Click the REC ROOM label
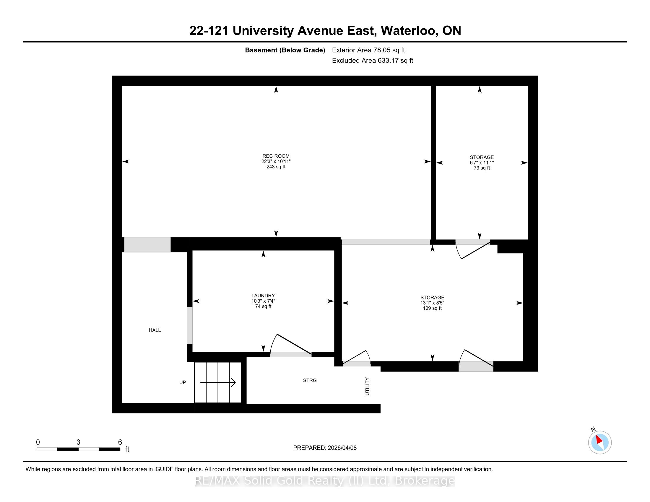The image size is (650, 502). click(x=276, y=156)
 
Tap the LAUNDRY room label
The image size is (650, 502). click(x=263, y=296)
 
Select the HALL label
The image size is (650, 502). click(x=155, y=330)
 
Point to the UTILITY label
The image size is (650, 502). click(x=367, y=386)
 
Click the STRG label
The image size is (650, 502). click(x=310, y=380)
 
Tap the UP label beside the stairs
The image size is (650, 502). click(x=182, y=382)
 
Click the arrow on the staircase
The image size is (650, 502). click(x=218, y=382)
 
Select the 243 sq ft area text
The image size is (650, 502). click(x=276, y=167)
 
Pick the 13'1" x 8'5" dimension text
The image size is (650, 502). click(x=432, y=303)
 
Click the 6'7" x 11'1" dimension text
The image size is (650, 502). click(x=482, y=163)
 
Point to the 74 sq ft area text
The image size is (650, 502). click(x=263, y=306)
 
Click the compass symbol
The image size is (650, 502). click(x=600, y=442)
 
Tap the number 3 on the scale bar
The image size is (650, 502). click(x=78, y=442)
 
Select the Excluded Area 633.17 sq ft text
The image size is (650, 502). click(x=373, y=61)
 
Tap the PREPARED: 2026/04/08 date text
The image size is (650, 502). click(x=325, y=448)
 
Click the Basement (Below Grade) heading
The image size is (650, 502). click(x=285, y=50)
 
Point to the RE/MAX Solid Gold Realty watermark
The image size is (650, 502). click(x=325, y=481)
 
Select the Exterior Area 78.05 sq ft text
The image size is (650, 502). click(x=368, y=50)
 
